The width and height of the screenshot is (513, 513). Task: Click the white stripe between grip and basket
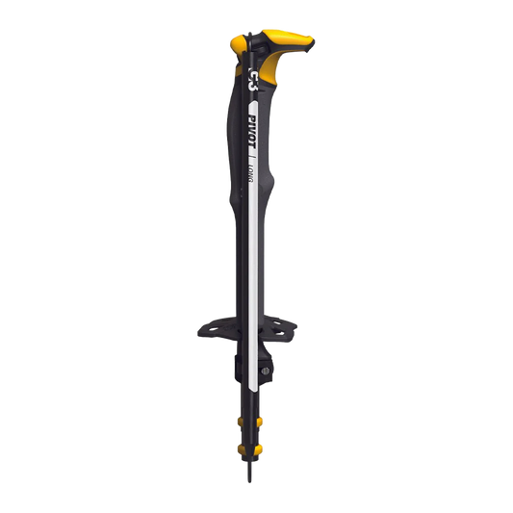click(x=250, y=250)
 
